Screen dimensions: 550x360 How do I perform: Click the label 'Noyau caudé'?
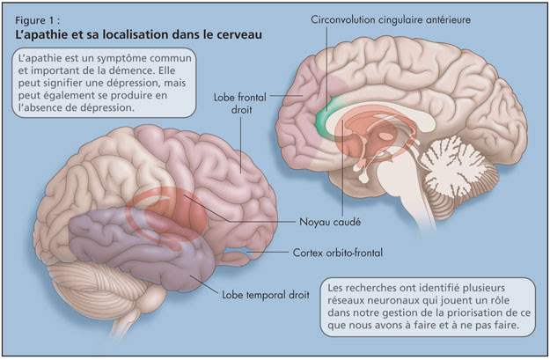[330, 222]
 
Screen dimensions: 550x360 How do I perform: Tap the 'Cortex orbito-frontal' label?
[338, 253]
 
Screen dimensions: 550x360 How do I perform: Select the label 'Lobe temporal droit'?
[266, 295]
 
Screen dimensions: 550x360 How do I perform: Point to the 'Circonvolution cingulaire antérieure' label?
[391, 20]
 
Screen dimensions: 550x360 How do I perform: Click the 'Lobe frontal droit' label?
[240, 103]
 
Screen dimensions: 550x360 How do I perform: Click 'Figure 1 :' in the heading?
[34, 21]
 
